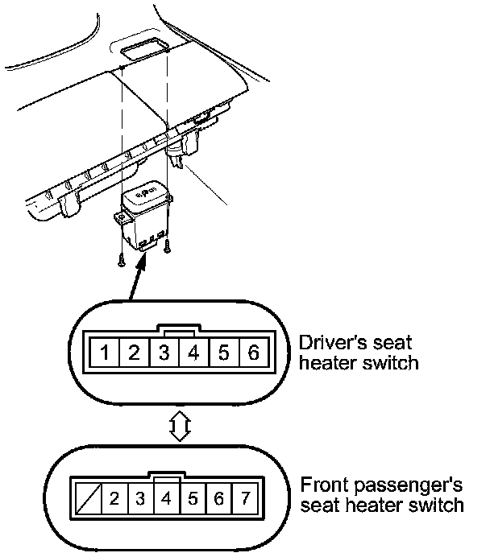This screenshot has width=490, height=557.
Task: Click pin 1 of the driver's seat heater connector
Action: click(x=105, y=353)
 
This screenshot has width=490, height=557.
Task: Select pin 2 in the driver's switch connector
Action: click(x=135, y=353)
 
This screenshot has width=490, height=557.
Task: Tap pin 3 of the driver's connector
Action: click(x=164, y=353)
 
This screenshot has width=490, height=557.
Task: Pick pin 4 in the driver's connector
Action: click(x=193, y=353)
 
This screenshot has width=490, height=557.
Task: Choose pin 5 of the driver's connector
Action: click(x=223, y=353)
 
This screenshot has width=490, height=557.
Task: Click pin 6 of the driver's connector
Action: click(x=252, y=353)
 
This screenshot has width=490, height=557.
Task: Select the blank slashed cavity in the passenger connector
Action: click(x=88, y=498)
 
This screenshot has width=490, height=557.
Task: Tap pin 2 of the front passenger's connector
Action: click(x=114, y=498)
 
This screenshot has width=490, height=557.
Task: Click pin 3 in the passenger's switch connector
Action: click(x=139, y=498)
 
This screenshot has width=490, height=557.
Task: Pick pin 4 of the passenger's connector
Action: click(x=165, y=498)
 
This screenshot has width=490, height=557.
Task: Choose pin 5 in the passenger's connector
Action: click(x=191, y=498)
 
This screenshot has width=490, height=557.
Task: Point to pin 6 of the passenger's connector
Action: click(x=217, y=498)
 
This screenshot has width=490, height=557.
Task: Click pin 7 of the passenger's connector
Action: click(x=243, y=498)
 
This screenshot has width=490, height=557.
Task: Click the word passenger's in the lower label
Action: click(x=418, y=485)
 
